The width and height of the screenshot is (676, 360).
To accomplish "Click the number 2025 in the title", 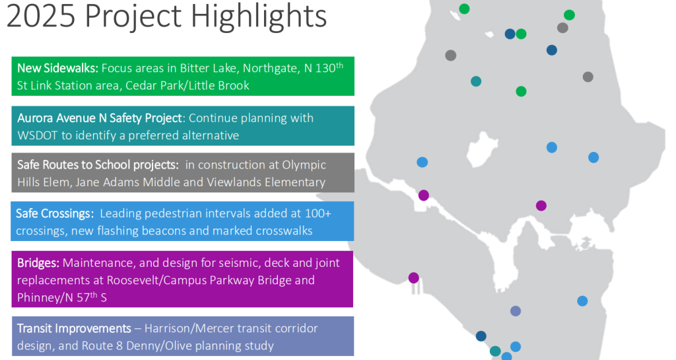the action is [x=41, y=16].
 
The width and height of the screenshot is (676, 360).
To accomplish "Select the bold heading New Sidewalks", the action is [x=58, y=68].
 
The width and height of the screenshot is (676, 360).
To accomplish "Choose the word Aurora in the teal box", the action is [x=36, y=118].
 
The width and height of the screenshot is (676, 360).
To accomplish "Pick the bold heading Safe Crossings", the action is [x=55, y=214].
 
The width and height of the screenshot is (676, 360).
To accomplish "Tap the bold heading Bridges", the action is [x=38, y=263].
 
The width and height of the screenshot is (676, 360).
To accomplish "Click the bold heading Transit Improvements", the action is [x=74, y=329].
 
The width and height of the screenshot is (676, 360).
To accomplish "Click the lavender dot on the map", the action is [x=516, y=311].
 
